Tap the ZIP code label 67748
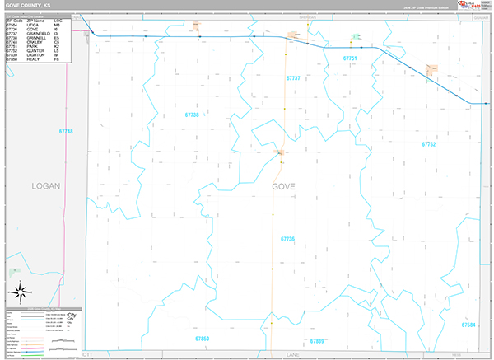(66, 132)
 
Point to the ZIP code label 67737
(293, 77)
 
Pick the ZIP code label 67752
(428, 144)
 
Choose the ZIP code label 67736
(287, 239)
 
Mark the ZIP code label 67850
(203, 338)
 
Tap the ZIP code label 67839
(317, 340)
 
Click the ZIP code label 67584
(468, 325)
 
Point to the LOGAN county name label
(46, 186)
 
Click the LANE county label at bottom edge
(292, 355)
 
